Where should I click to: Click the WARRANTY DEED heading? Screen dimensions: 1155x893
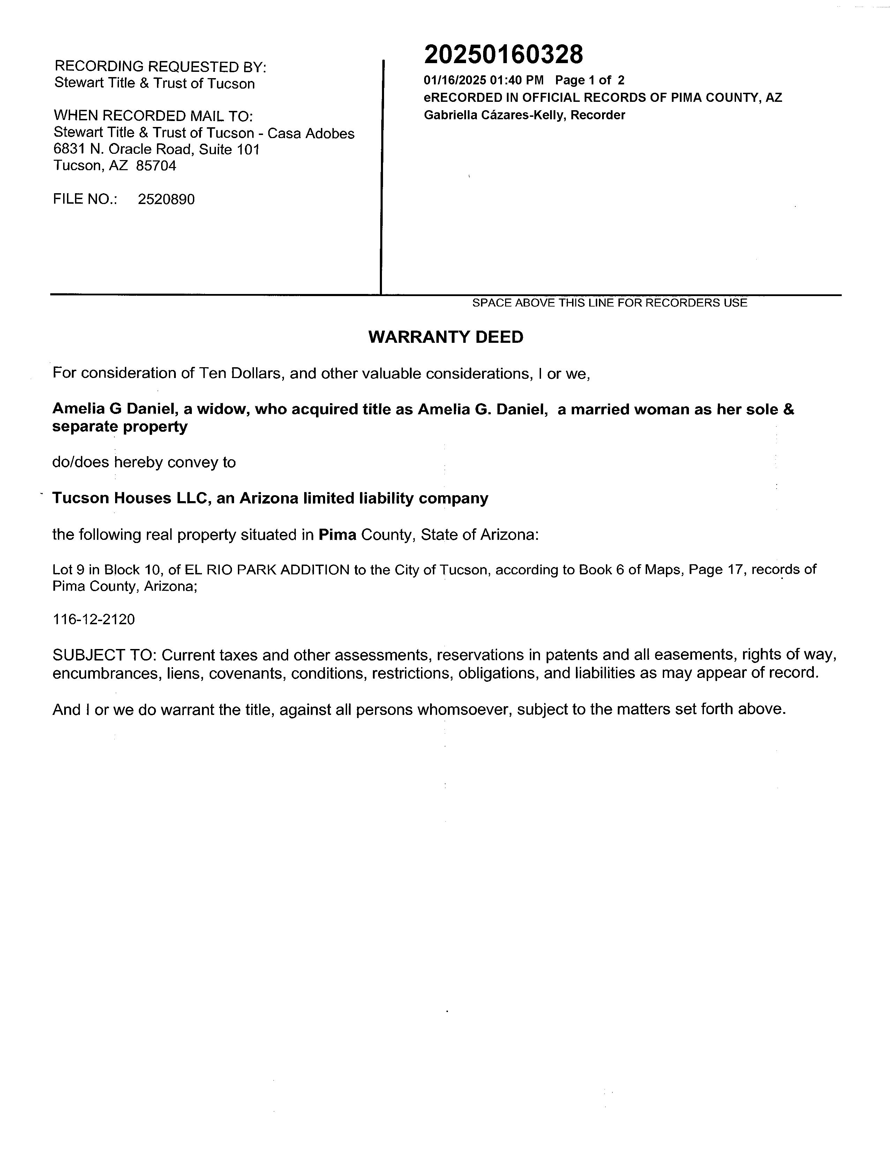tap(445, 337)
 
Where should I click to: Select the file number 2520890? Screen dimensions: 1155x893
tap(166, 199)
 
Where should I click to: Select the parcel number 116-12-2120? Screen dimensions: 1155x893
tap(93, 619)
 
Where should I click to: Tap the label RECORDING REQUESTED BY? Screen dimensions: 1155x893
tap(160, 67)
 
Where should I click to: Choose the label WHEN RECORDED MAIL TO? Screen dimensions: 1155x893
tap(153, 116)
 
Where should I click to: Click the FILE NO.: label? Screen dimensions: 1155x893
tap(85, 199)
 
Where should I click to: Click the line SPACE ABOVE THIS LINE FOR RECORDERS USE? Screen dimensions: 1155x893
tap(609, 303)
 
